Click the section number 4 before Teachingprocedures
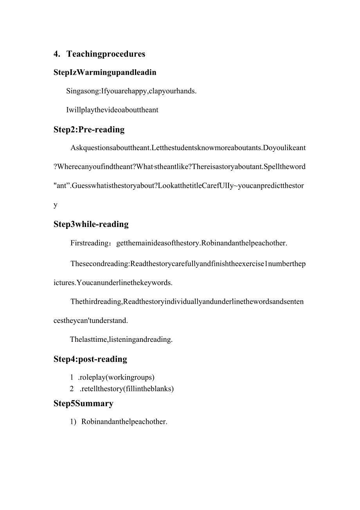tap(56, 54)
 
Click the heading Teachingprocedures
tap(106, 54)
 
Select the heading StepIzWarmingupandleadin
tap(105, 73)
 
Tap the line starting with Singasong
tap(131, 91)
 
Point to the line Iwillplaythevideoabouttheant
tap(112, 110)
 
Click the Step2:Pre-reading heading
tap(89, 130)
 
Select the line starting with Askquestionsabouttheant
tap(188, 148)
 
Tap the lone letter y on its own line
tap(56, 205)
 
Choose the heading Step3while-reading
tap(91, 224)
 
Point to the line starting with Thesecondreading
tap(188, 264)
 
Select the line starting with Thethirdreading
tap(187, 301)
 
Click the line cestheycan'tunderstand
tap(90, 321)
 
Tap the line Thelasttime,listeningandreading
tap(121, 339)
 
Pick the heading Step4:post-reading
tap(90, 359)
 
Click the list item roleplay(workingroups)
tap(117, 378)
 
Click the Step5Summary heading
tap(83, 403)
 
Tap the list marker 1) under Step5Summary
tap(73, 422)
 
